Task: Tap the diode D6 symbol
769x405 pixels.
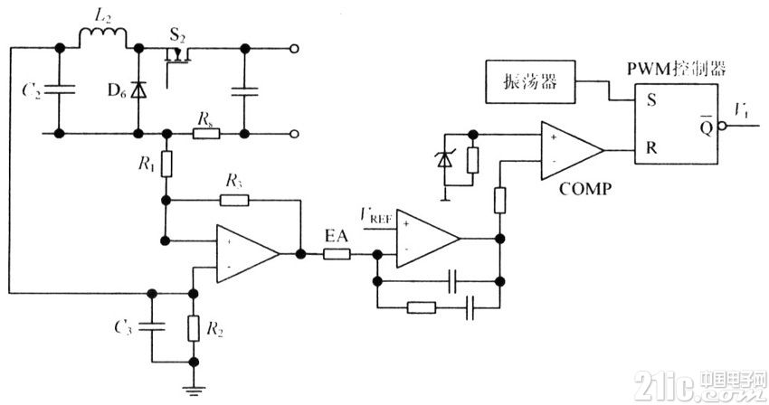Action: click(138, 90)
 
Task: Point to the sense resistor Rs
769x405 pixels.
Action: click(205, 134)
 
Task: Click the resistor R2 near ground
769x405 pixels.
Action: click(193, 327)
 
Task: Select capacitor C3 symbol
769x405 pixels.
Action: click(152, 327)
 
